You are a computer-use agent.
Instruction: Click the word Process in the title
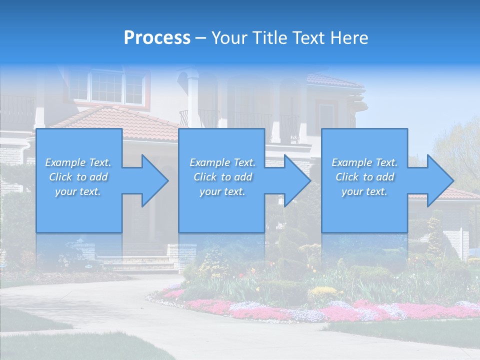click(157, 37)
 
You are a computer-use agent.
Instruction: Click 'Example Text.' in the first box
click(78, 162)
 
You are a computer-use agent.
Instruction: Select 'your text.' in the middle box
click(222, 191)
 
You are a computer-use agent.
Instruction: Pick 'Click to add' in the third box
click(365, 177)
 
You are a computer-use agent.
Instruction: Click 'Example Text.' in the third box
click(364, 162)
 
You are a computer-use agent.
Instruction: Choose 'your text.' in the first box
click(78, 191)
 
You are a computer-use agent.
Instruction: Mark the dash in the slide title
click(200, 38)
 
